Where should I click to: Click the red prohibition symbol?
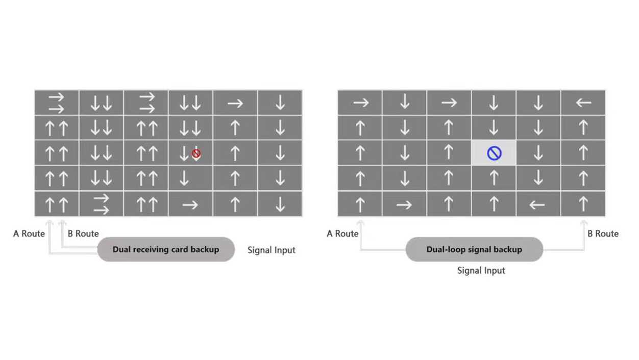pos(196,154)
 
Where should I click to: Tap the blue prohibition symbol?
pos(494,153)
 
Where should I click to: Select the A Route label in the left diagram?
pos(29,233)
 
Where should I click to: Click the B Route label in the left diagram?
pos(83,233)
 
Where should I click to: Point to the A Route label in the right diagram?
pos(342,233)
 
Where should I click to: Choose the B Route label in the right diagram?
pos(603,233)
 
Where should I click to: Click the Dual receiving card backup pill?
pos(166,249)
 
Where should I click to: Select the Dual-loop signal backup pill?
pos(474,249)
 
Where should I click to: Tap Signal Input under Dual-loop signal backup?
pos(481,270)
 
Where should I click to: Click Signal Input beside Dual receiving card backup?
pos(272,250)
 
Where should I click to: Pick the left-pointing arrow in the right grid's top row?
pos(583,103)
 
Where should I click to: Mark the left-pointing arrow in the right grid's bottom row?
pos(537,205)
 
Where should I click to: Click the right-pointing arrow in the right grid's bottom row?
pos(404,205)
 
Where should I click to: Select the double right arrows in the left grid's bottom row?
pos(101,204)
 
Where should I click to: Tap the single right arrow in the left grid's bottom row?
pos(190,205)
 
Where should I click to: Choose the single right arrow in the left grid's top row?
pos(235,103)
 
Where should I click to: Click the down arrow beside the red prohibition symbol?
pos(184,153)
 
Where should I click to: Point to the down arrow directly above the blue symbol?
pos(494,127)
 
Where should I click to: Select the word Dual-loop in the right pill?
pos(445,250)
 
